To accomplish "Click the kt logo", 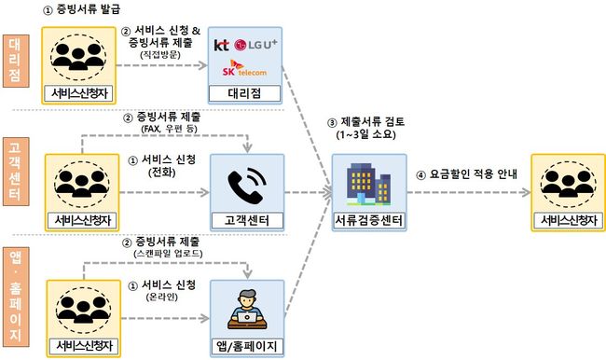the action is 222,46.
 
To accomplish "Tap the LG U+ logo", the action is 255,45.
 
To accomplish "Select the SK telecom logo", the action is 244,68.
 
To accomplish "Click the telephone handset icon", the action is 247,186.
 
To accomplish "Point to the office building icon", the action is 368,184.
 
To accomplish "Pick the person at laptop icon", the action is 247,310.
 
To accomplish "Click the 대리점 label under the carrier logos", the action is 244,93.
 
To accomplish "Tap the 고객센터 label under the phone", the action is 247,220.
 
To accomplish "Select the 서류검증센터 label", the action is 368,220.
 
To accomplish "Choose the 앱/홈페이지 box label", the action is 247,346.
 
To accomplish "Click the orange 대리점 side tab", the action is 16,61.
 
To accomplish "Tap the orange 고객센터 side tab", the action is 16,172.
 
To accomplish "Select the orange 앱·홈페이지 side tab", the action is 16,297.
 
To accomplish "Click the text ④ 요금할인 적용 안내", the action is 466,174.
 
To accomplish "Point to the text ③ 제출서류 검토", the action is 366,122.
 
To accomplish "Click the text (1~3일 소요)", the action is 366,134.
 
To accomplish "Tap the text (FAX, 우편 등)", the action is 170,129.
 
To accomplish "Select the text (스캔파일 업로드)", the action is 168,254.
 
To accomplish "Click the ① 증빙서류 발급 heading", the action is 81,9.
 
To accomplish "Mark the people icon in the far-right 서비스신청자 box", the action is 568,185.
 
